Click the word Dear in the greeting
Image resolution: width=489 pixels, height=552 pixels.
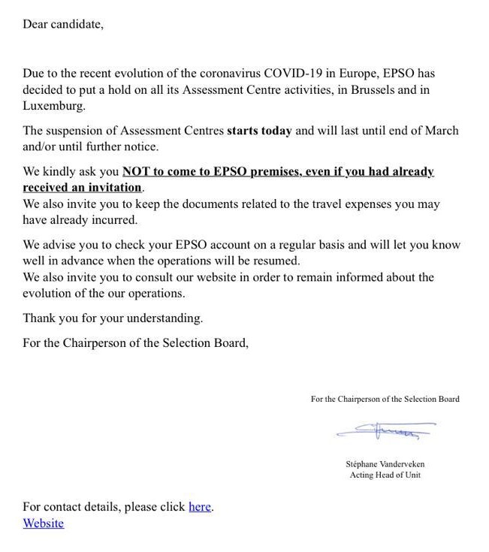(x=35, y=24)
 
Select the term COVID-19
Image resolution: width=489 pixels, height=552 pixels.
(x=309, y=74)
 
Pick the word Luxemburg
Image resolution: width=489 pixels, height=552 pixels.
(x=53, y=106)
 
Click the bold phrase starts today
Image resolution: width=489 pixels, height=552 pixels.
(x=259, y=131)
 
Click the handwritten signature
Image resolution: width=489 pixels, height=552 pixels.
(x=385, y=431)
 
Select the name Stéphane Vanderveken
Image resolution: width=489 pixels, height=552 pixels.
(x=385, y=464)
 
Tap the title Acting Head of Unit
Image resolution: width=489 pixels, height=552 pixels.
(x=385, y=475)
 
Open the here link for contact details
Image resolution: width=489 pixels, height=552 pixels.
(x=200, y=507)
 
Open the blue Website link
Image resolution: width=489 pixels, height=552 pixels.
(x=44, y=523)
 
